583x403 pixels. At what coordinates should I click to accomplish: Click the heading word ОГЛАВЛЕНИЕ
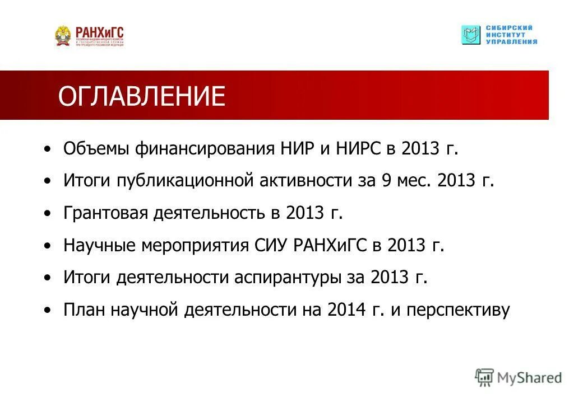(x=141, y=96)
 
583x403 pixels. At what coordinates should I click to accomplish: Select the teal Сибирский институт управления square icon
(x=471, y=35)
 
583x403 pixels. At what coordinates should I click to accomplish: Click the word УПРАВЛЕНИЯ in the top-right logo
(x=511, y=42)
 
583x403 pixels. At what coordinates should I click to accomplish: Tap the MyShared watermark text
(x=530, y=378)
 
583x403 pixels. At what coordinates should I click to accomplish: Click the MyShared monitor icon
(x=484, y=377)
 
